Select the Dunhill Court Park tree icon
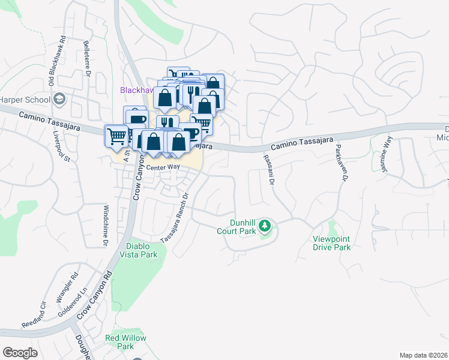pyautogui.click(x=265, y=227)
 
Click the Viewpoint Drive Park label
pyautogui.click(x=331, y=243)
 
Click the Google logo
pyautogui.click(x=20, y=352)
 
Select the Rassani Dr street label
pyautogui.click(x=268, y=169)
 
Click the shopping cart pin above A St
pyautogui.click(x=116, y=135)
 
